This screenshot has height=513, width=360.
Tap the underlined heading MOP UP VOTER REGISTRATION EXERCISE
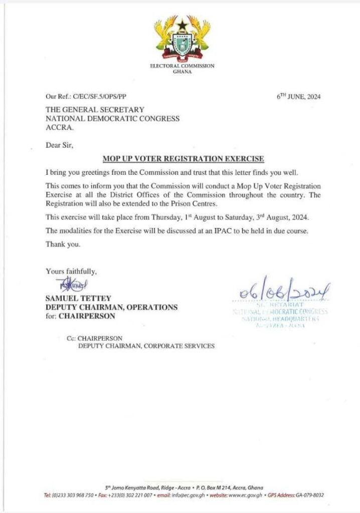pyautogui.click(x=183, y=159)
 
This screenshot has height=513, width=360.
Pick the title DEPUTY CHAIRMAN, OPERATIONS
pyautogui.click(x=111, y=307)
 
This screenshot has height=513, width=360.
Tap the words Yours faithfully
pyautogui.click(x=71, y=271)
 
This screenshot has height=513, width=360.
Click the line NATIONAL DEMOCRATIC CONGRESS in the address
pyautogui.click(x=112, y=119)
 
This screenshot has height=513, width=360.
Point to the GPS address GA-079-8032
pyautogui.click(x=308, y=495)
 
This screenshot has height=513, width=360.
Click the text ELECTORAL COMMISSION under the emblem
pyautogui.click(x=182, y=66)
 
